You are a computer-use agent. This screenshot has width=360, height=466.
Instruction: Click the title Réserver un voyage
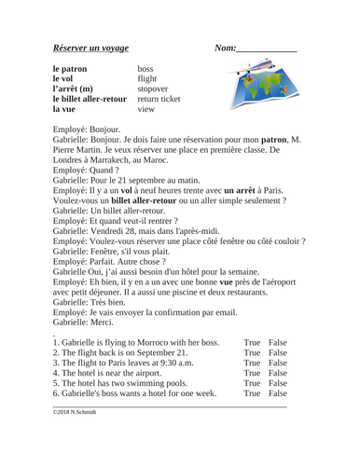pos(90,48)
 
